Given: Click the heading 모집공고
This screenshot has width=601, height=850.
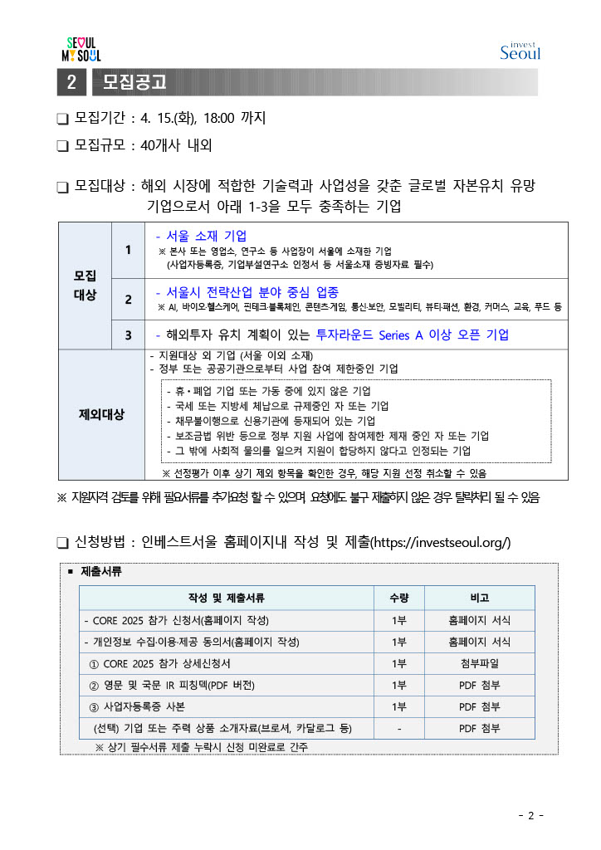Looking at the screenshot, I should (135, 82).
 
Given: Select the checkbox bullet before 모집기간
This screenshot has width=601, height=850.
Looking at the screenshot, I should (62, 119).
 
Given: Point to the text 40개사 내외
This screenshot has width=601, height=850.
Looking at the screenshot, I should (177, 145).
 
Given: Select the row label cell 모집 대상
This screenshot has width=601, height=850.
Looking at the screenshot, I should (85, 285).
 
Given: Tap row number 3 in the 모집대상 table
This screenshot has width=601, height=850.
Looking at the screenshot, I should (128, 335).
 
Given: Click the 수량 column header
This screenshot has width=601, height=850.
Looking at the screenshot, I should (399, 598).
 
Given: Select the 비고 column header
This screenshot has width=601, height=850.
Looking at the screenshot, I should (479, 598).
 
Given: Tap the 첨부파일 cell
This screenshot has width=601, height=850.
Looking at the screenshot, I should (479, 663).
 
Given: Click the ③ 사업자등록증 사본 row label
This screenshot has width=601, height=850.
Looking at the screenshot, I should (137, 706).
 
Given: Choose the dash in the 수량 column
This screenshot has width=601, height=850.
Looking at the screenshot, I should (399, 728).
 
